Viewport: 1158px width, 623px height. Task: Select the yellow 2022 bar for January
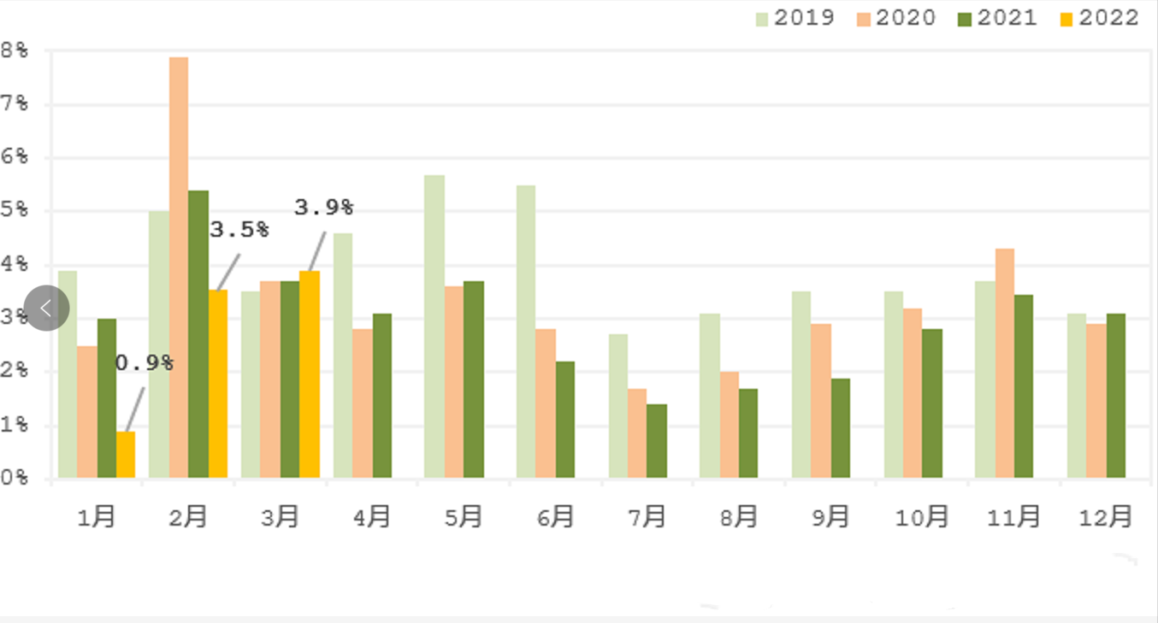126,455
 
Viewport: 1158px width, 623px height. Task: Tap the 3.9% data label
323,208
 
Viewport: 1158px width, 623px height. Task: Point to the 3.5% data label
239,230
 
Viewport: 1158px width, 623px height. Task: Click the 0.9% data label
144,363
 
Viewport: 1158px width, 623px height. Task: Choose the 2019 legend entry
795,18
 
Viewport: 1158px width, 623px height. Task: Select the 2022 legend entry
1099,18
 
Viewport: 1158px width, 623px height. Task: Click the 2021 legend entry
997,18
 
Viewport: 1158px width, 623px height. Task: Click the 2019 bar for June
526,332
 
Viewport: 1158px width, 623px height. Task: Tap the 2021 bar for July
656,441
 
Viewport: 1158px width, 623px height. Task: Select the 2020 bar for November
1005,363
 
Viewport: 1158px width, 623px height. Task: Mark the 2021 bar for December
1116,396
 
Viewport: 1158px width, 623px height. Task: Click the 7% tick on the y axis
15,104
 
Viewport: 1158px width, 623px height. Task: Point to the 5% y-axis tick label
15,211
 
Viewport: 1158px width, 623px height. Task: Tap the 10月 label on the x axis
922,517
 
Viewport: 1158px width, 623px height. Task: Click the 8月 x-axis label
738,517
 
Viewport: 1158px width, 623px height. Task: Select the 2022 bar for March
310,374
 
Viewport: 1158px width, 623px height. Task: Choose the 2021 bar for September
841,428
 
